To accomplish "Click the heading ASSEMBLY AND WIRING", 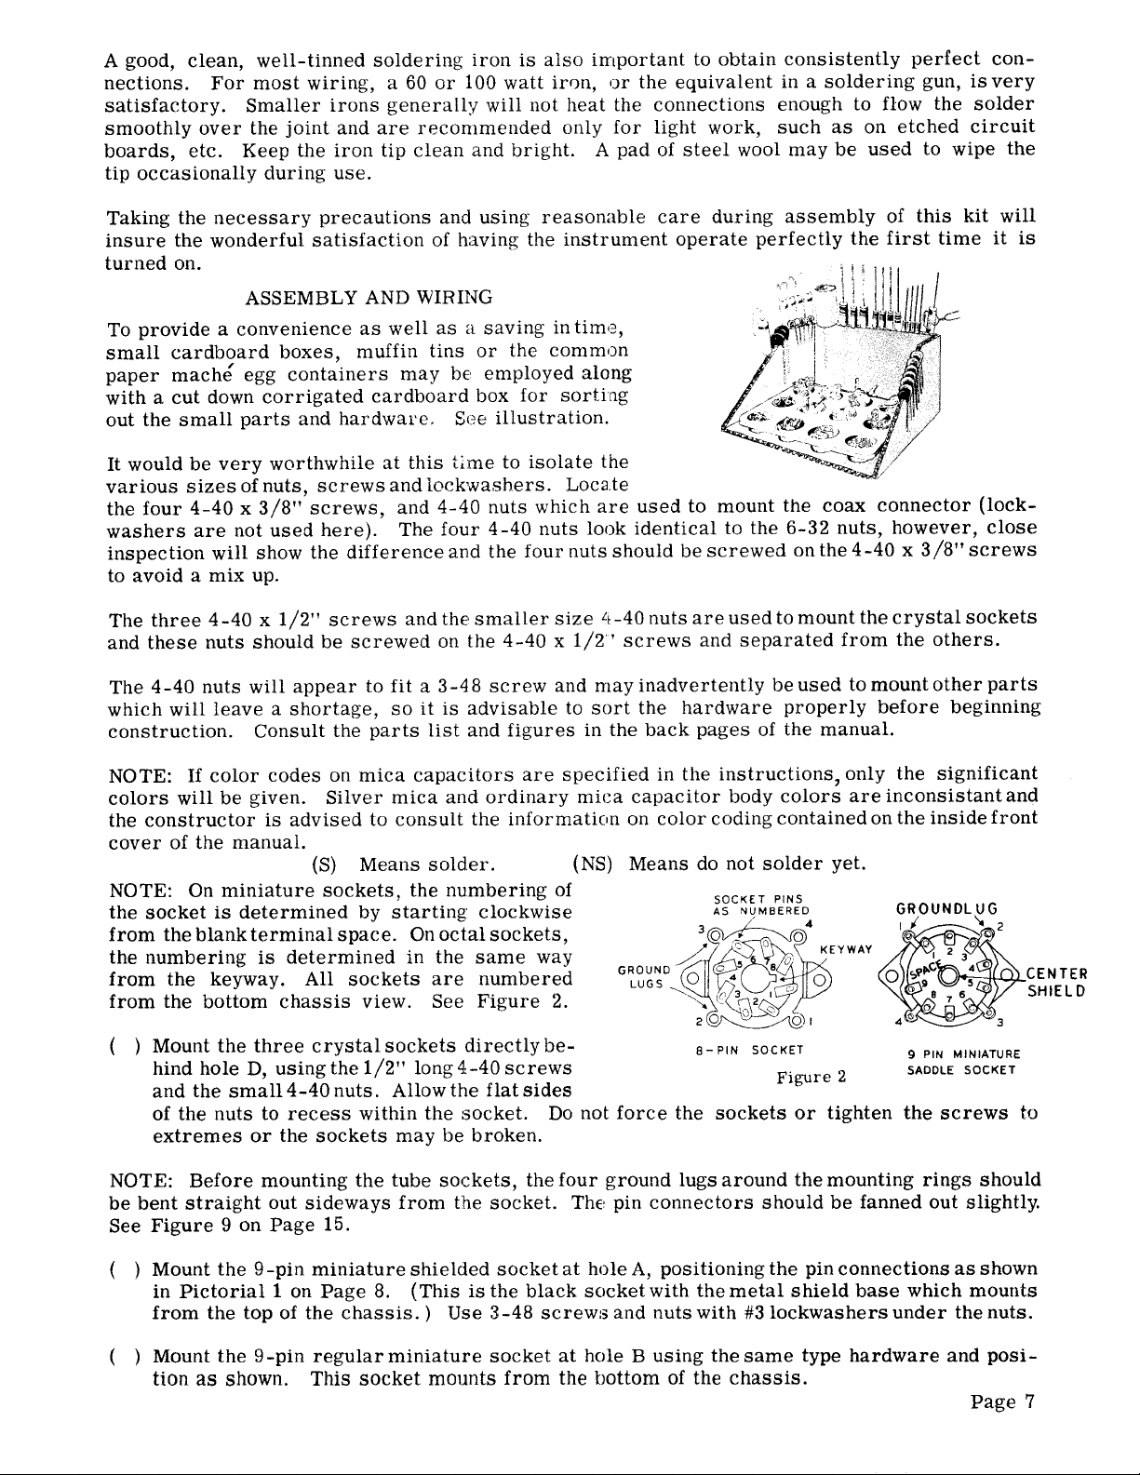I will [369, 296].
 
